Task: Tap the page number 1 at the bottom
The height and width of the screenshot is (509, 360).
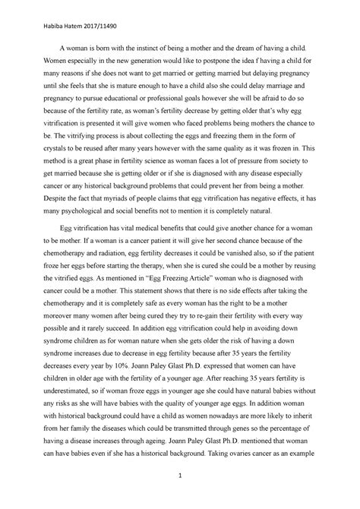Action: point(180,476)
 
